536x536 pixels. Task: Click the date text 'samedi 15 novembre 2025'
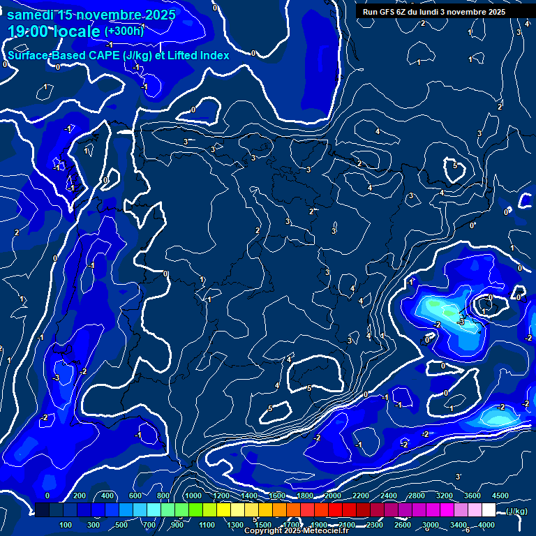click(x=91, y=14)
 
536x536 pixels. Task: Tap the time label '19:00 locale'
click(x=54, y=31)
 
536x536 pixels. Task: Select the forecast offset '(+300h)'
click(x=124, y=31)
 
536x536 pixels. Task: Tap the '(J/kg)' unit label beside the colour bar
click(x=516, y=511)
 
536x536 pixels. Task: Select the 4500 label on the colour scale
click(x=500, y=496)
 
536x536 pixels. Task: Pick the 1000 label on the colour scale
click(x=193, y=496)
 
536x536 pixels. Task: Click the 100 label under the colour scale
click(x=66, y=525)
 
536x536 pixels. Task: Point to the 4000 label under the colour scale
click(x=486, y=525)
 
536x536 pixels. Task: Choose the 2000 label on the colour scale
click(x=332, y=496)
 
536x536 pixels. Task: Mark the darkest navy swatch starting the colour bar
click(x=42, y=510)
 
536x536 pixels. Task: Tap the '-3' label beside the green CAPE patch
click(x=461, y=322)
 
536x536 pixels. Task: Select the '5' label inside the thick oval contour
click(x=455, y=166)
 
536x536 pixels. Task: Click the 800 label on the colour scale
click(x=163, y=496)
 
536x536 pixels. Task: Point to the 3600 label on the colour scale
click(x=472, y=496)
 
